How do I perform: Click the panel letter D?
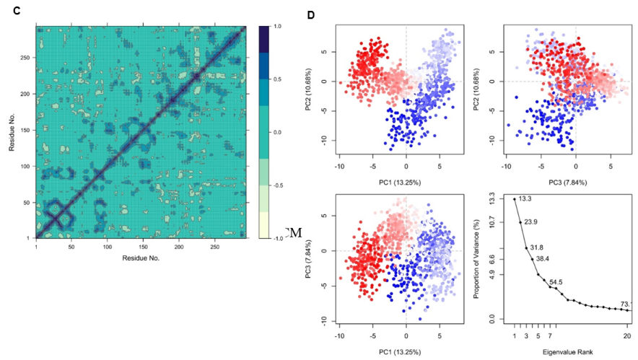pyautogui.click(x=311, y=15)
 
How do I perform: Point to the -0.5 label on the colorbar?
pyautogui.click(x=276, y=185)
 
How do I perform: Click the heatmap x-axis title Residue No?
pyautogui.click(x=142, y=258)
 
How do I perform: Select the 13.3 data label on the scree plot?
pyautogui.click(x=525, y=198)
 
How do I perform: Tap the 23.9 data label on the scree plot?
pyautogui.click(x=531, y=222)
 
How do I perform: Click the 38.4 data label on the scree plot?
pyautogui.click(x=542, y=258)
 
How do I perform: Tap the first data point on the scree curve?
pyautogui.click(x=515, y=198)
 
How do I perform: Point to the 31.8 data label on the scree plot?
pyautogui.click(x=537, y=247)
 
